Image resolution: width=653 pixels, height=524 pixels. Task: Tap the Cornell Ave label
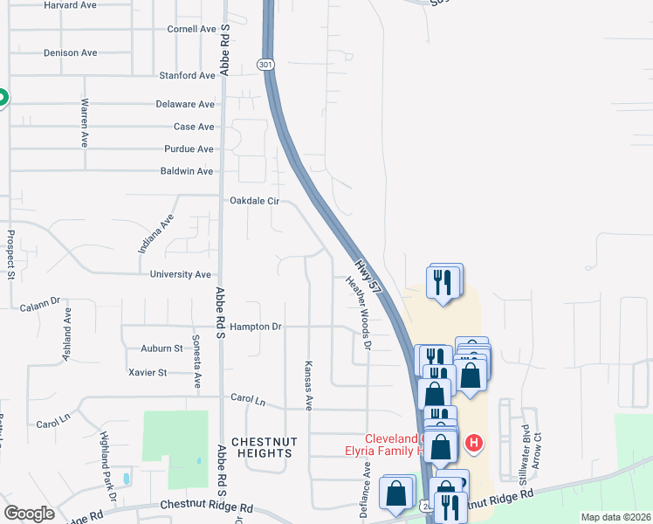tap(190, 29)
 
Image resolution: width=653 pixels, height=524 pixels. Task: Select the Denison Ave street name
tap(70, 52)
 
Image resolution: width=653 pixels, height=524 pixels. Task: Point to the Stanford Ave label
tap(186, 76)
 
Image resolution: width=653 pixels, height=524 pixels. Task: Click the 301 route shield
tap(266, 65)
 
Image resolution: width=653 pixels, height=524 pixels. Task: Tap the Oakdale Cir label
tap(254, 201)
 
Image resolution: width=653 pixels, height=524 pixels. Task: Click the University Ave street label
tap(181, 274)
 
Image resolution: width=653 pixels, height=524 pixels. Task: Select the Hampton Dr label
tap(257, 327)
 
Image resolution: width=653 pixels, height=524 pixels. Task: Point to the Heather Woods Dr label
tap(360, 314)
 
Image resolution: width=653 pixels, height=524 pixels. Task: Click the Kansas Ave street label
tap(308, 385)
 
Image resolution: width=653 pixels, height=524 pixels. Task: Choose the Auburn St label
tap(162, 348)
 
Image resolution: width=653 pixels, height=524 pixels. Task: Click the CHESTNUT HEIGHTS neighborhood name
tap(262, 447)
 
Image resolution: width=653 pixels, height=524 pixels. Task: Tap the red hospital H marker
tap(473, 443)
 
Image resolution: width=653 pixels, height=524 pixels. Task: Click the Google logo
tap(29, 514)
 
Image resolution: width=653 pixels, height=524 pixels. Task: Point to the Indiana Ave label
tap(156, 234)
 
